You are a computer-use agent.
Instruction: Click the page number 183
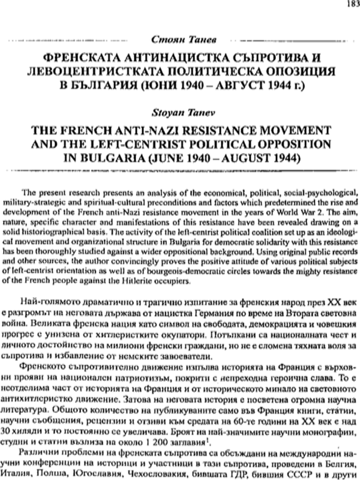[350, 4]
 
